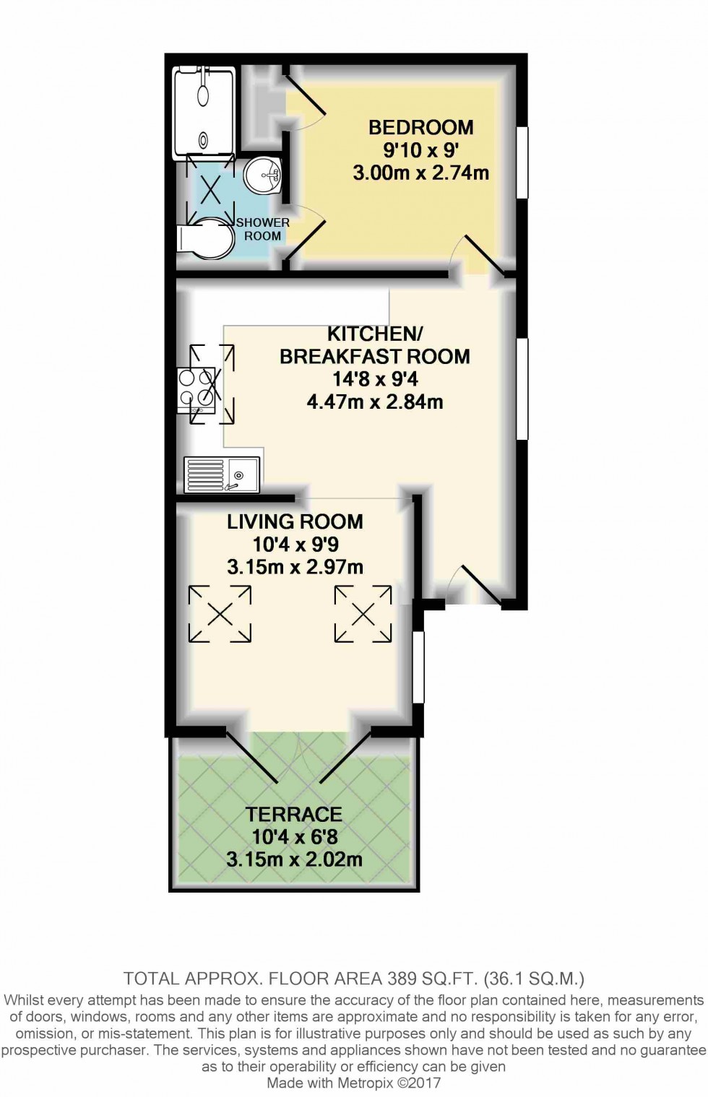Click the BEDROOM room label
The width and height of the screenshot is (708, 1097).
pyautogui.click(x=420, y=128)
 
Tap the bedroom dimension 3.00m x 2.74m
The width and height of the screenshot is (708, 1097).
pyautogui.click(x=420, y=173)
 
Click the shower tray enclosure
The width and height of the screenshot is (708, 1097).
pyautogui.click(x=204, y=112)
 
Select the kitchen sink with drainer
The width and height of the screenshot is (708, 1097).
pyautogui.click(x=222, y=474)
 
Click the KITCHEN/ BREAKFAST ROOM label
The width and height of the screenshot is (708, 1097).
pyautogui.click(x=374, y=345)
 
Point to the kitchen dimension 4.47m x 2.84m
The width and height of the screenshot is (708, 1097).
pyautogui.click(x=374, y=402)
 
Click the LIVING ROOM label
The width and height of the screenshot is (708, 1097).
pyautogui.click(x=295, y=522)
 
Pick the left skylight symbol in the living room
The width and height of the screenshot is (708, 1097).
pyautogui.click(x=220, y=614)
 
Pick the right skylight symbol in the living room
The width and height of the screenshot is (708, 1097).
pyautogui.click(x=363, y=614)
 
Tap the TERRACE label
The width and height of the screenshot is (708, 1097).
pyautogui.click(x=293, y=815)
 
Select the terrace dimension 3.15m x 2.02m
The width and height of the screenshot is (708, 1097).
pyautogui.click(x=293, y=860)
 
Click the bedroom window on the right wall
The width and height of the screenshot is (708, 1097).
pyautogui.click(x=522, y=162)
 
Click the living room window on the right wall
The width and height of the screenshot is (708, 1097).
pyautogui.click(x=418, y=667)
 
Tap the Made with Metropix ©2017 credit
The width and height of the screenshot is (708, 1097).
pyautogui.click(x=353, y=1083)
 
